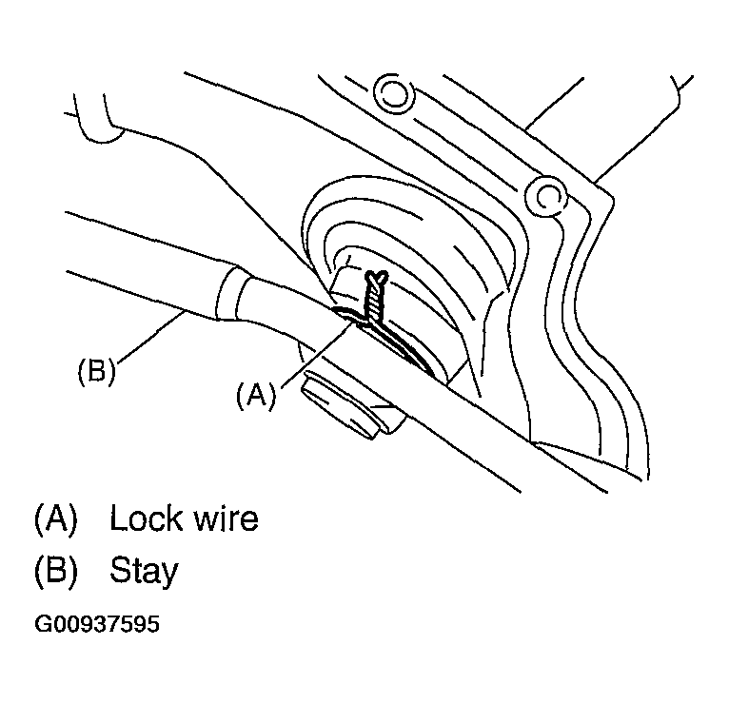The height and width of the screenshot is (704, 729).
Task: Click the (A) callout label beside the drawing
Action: click(255, 395)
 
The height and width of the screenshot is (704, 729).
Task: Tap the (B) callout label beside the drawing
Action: click(96, 371)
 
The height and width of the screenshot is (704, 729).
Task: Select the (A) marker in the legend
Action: click(54, 519)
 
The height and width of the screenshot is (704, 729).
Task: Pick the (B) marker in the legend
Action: click(54, 571)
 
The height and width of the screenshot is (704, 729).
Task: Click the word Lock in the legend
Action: click(145, 519)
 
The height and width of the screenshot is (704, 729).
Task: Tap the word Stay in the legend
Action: click(144, 572)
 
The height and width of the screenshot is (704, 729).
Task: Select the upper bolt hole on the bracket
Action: click(393, 92)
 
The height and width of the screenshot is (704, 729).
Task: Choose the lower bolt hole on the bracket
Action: click(546, 196)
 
